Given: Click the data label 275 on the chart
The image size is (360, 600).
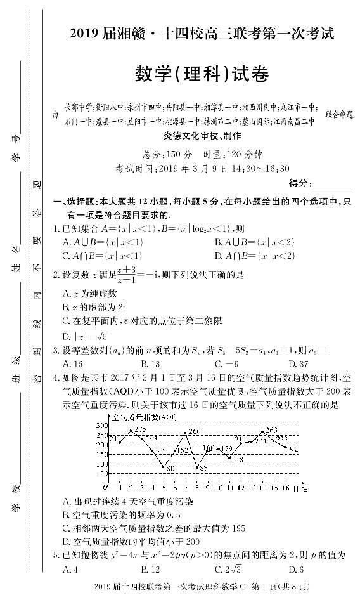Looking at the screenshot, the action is point(140,430).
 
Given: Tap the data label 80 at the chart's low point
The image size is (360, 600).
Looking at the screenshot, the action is point(170,468).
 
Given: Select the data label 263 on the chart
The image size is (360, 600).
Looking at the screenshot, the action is point(271,430).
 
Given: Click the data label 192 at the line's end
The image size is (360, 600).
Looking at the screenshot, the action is point(292,448).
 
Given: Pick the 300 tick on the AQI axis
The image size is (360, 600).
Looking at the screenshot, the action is point(101,424).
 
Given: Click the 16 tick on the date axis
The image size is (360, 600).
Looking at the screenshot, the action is point(286,488).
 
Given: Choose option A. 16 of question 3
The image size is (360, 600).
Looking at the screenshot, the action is point(73,363).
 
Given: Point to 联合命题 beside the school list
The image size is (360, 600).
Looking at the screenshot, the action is point(338,115).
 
